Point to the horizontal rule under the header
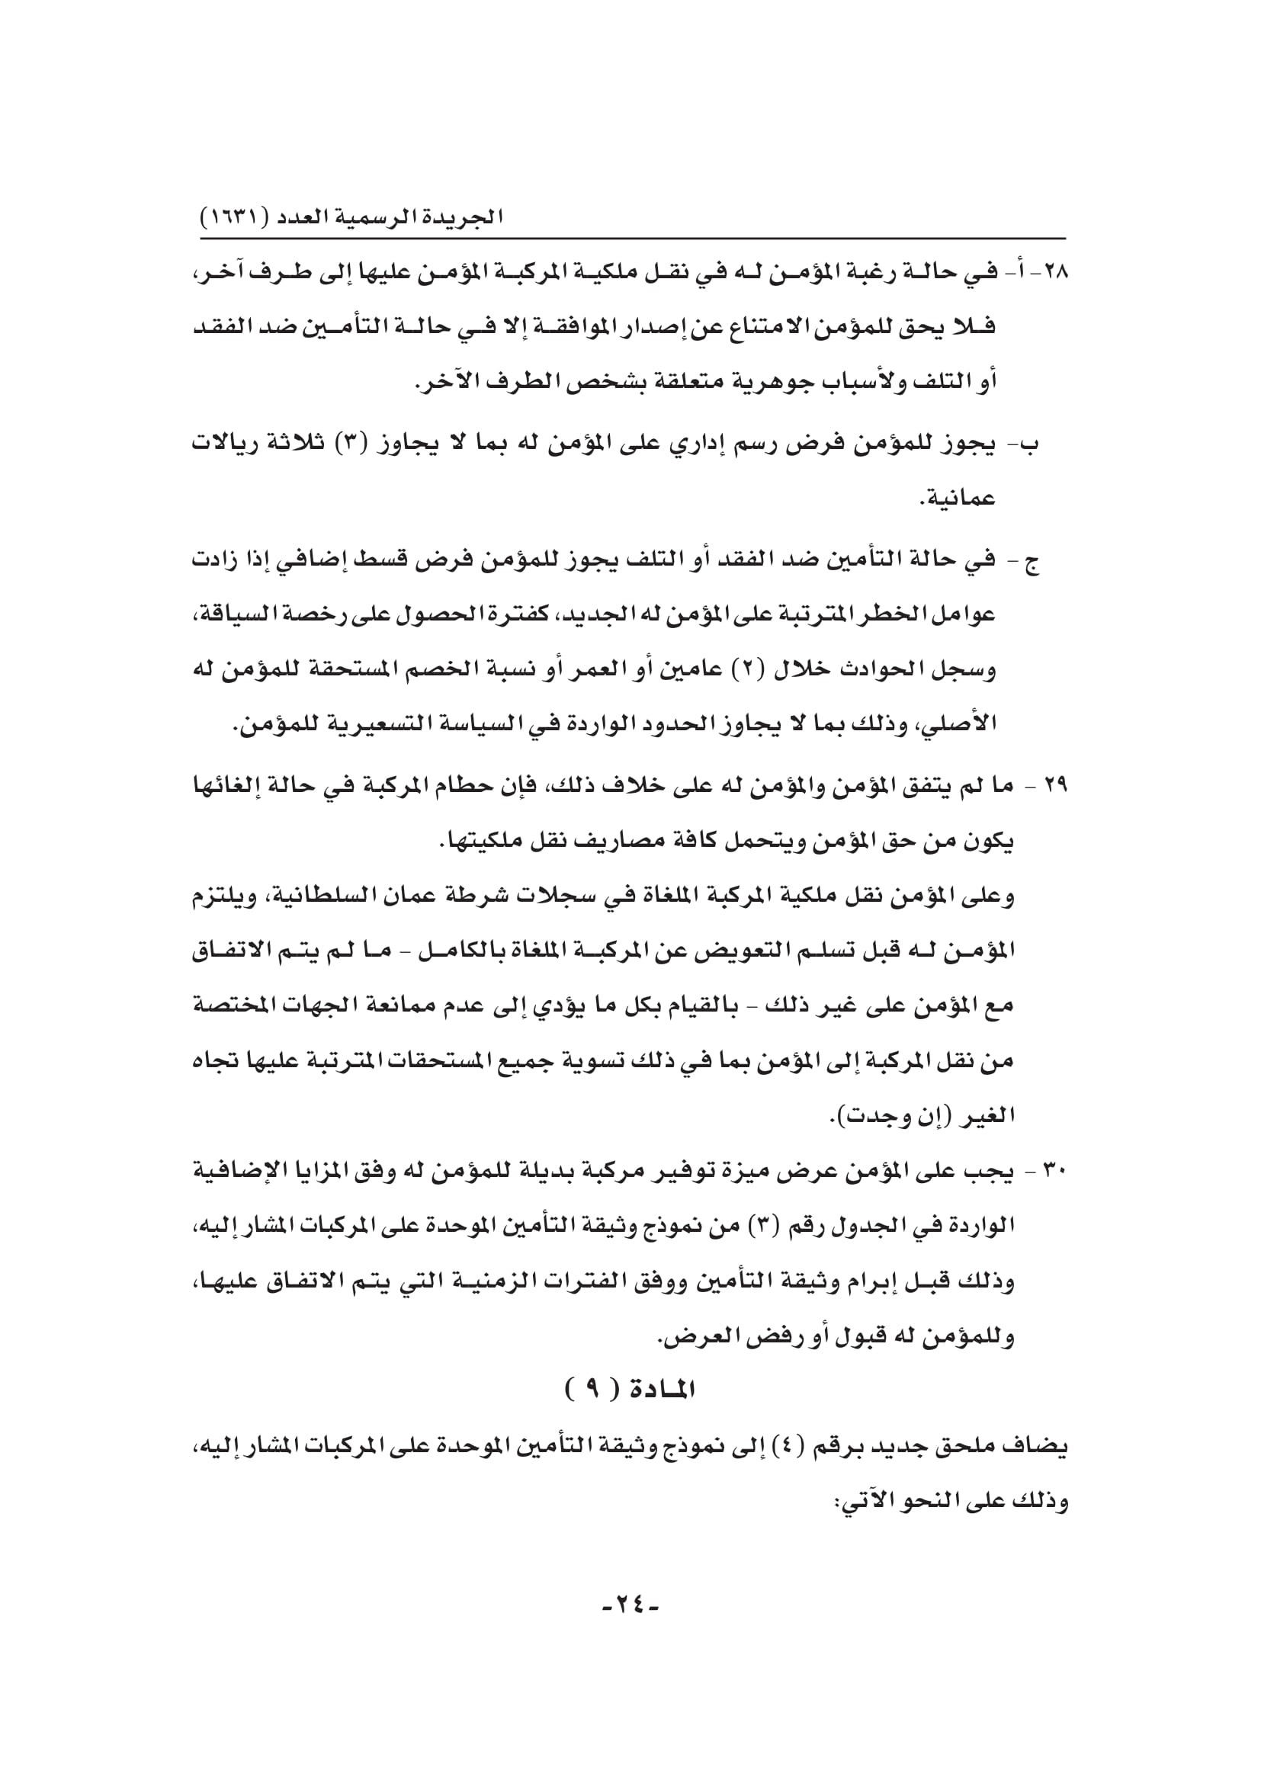tap(633, 239)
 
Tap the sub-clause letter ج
tap(1033, 563)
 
